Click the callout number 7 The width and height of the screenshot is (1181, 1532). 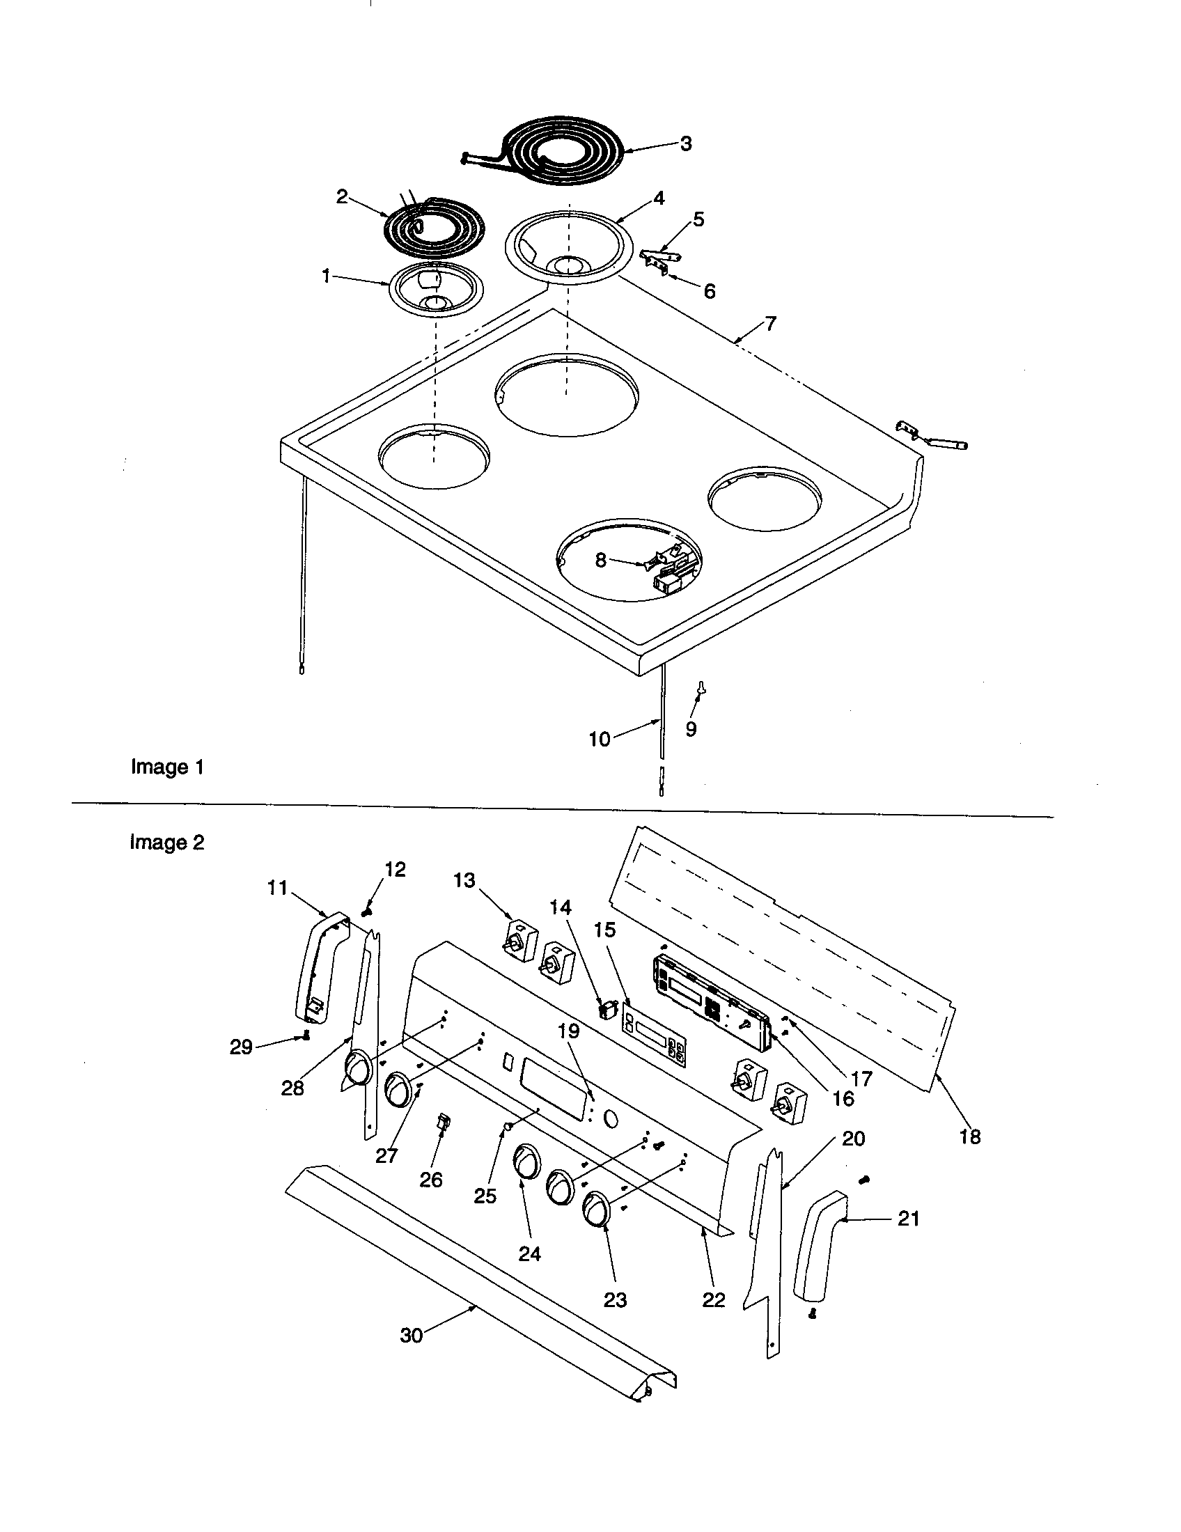[x=770, y=324]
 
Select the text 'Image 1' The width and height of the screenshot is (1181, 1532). [x=167, y=767]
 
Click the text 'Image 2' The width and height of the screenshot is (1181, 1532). [x=167, y=842]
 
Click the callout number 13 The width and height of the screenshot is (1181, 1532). [x=464, y=880]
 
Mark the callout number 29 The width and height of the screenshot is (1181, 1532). [x=240, y=1067]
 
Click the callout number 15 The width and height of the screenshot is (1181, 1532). [x=604, y=930]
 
